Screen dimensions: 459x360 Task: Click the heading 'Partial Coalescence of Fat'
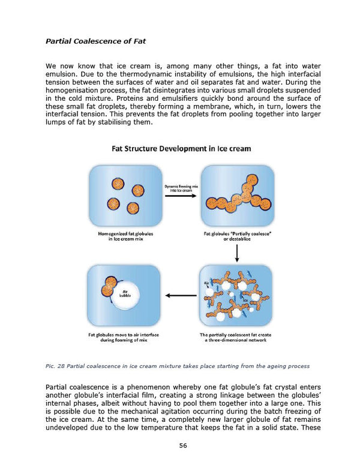coord(96,41)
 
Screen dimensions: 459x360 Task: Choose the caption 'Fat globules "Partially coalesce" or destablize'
coord(237,236)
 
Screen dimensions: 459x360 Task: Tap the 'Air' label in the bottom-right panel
coord(206,283)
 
